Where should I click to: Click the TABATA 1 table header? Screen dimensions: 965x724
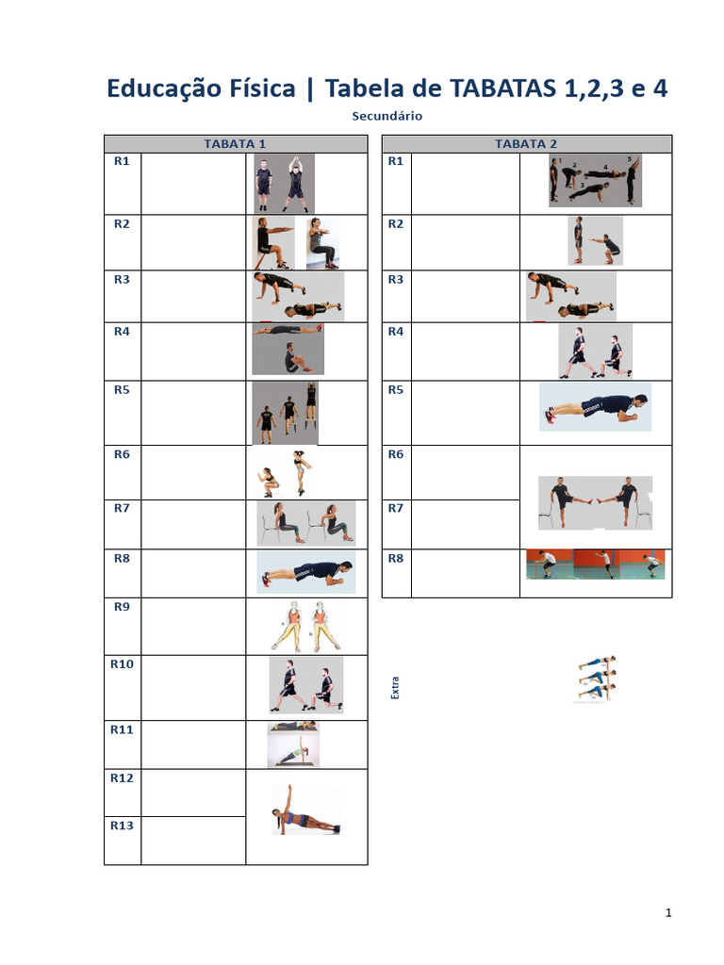point(235,144)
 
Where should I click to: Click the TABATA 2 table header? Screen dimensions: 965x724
point(526,144)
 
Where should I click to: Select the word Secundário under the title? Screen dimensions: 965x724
point(387,117)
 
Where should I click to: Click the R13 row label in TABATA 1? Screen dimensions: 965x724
point(122,826)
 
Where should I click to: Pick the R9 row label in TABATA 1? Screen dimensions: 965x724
point(122,607)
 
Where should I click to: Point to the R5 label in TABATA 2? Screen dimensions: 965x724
point(396,390)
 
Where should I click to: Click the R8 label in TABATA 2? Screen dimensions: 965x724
point(396,559)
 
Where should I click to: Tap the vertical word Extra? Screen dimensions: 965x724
point(395,687)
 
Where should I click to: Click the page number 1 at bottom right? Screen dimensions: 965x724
point(668,912)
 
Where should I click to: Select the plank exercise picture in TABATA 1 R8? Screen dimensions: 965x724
point(305,572)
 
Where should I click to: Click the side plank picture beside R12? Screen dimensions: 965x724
point(305,811)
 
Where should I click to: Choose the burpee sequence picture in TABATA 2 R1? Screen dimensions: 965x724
point(596,181)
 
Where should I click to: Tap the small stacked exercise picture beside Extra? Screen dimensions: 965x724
point(595,679)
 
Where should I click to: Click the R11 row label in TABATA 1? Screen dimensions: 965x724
point(122,729)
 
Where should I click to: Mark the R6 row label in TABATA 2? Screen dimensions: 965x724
point(396,454)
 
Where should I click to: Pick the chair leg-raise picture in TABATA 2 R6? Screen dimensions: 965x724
point(595,502)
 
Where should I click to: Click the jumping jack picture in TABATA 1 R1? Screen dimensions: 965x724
point(283,183)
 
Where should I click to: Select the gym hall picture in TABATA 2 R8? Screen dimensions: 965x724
point(595,564)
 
